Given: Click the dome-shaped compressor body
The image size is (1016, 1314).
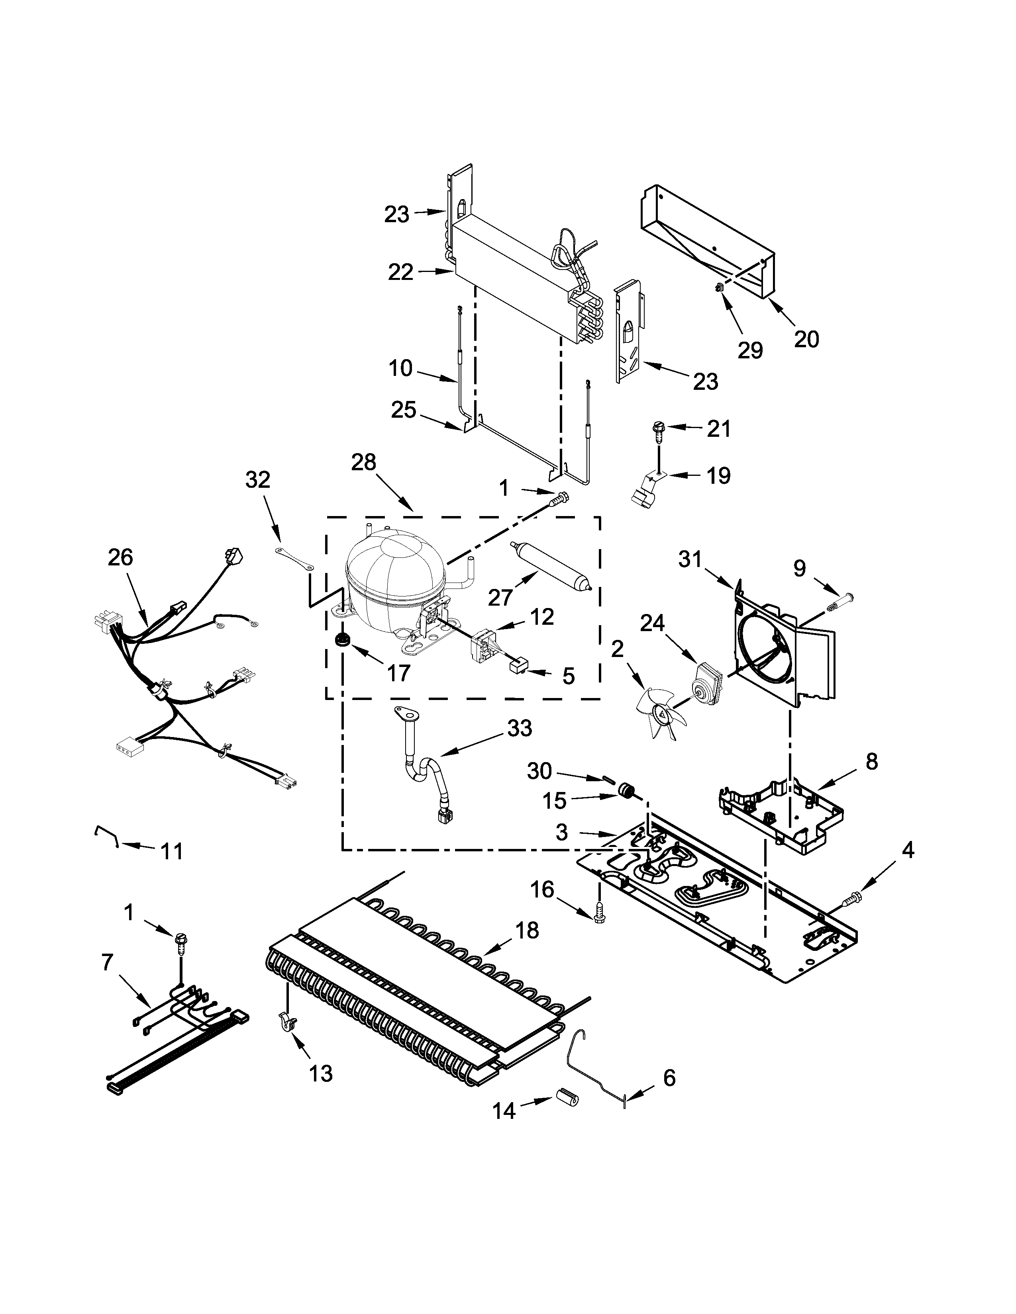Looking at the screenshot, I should point(394,578).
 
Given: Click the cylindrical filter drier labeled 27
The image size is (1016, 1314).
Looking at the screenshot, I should point(551,565).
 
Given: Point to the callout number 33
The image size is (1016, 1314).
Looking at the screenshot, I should point(520,729).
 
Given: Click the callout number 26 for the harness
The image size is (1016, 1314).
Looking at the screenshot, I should point(120,558).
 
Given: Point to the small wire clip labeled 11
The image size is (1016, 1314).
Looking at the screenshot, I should point(105,834).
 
